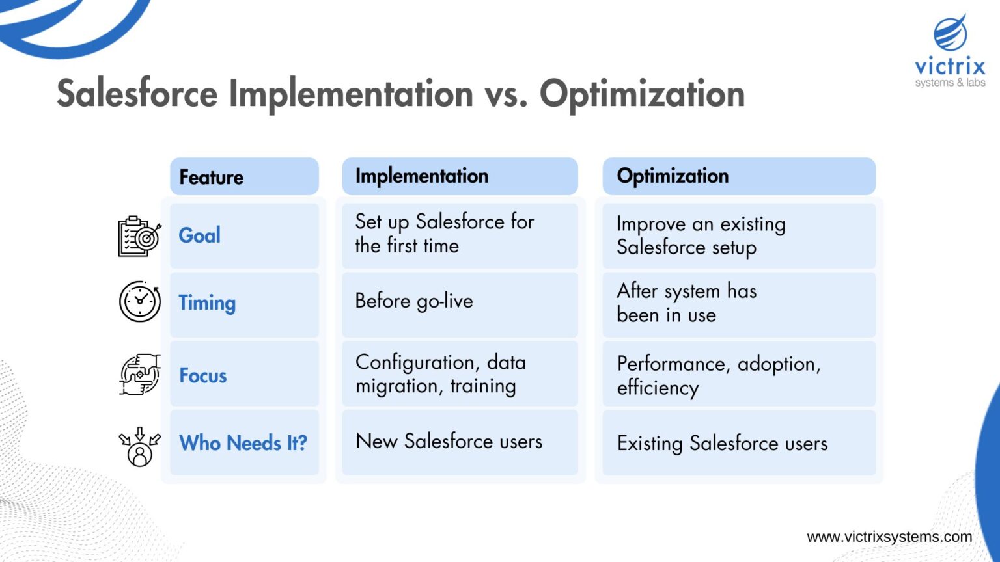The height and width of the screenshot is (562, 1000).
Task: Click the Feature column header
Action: pos(244,177)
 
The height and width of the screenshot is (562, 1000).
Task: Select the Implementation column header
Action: pos(460,176)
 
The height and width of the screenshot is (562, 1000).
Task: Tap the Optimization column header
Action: pos(738,176)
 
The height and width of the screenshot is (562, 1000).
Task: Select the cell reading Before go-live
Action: pos(460,302)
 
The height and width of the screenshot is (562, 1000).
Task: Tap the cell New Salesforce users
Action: pos(460,442)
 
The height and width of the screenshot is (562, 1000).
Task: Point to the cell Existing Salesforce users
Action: pos(738,444)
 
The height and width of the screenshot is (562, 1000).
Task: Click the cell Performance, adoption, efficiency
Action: pos(738,375)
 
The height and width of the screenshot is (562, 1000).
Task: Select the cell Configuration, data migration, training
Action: pos(460,374)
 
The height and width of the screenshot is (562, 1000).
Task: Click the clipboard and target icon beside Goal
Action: pos(139,236)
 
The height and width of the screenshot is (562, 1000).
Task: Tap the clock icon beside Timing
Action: pos(139,302)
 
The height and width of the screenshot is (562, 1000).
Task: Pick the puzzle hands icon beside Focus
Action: pos(139,375)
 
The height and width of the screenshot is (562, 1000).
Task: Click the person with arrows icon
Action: pos(139,446)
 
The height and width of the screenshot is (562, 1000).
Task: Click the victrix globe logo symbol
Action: pos(951,34)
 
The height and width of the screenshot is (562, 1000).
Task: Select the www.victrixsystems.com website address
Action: pos(889,537)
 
